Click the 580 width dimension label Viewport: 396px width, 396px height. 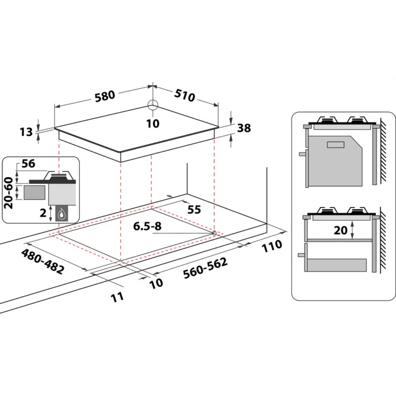pyautogui.click(x=105, y=96)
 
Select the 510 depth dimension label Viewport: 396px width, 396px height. pyautogui.click(x=185, y=95)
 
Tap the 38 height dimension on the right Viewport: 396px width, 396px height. pyautogui.click(x=244, y=128)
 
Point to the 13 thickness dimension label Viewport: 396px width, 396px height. pyautogui.click(x=26, y=132)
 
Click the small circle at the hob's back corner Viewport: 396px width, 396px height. pyautogui.click(x=153, y=105)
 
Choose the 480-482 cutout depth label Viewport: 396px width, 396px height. pyautogui.click(x=42, y=261)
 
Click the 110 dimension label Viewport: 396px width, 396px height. pyautogui.click(x=272, y=246)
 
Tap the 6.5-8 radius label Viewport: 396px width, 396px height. pyautogui.click(x=147, y=227)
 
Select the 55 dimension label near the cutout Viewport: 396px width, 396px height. pyautogui.click(x=194, y=210)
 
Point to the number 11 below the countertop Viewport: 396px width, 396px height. pyautogui.click(x=117, y=297)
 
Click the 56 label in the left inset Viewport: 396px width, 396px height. pyautogui.click(x=29, y=164)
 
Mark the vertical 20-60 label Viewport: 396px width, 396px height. pyautogui.click(x=8, y=193)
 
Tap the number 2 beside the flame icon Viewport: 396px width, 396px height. pyautogui.click(x=43, y=213)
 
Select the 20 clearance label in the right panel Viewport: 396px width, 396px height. pyautogui.click(x=341, y=230)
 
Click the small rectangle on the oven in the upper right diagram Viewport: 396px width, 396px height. pyautogui.click(x=336, y=145)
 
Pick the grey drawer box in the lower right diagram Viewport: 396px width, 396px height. pyautogui.click(x=337, y=265)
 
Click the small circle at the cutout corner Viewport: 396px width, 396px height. pyautogui.click(x=214, y=233)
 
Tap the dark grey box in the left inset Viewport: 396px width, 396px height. pyautogui.click(x=35, y=192)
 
